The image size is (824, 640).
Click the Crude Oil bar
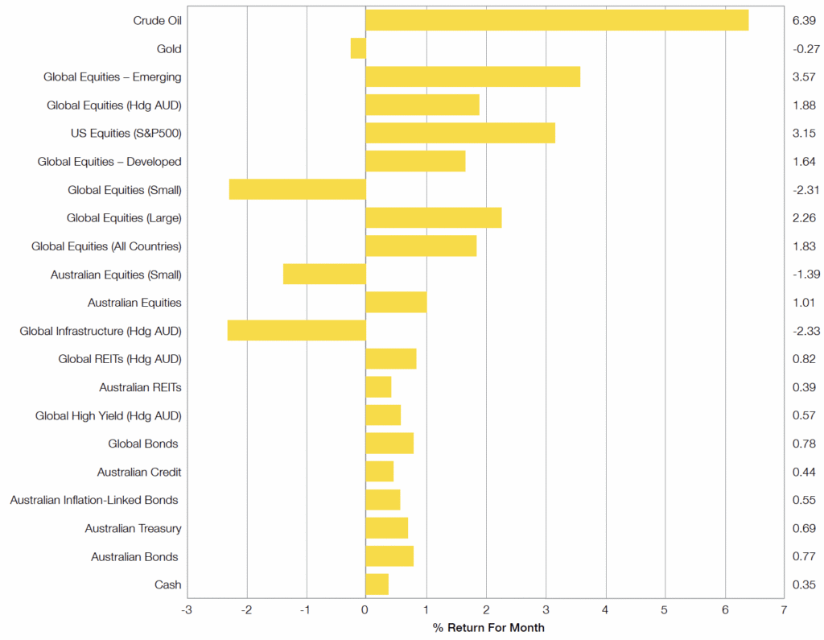coord(557,20)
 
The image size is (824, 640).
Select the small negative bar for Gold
coord(358,48)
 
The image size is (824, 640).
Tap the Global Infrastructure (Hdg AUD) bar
coord(296,330)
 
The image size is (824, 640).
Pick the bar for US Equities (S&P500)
coord(460,133)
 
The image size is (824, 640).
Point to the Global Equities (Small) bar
coord(297,189)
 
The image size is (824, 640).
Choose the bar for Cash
coord(377,584)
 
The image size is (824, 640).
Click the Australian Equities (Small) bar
coord(324,274)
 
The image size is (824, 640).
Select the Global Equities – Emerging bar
coord(472,76)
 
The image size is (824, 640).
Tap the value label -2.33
coord(805,331)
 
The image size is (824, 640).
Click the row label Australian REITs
coord(140,387)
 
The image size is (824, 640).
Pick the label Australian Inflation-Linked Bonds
coord(94,500)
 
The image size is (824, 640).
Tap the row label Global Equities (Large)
coord(124,217)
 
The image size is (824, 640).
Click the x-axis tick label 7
coord(784,611)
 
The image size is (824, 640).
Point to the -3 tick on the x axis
coord(187,611)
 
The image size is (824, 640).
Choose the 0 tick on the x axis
coord(365,611)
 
